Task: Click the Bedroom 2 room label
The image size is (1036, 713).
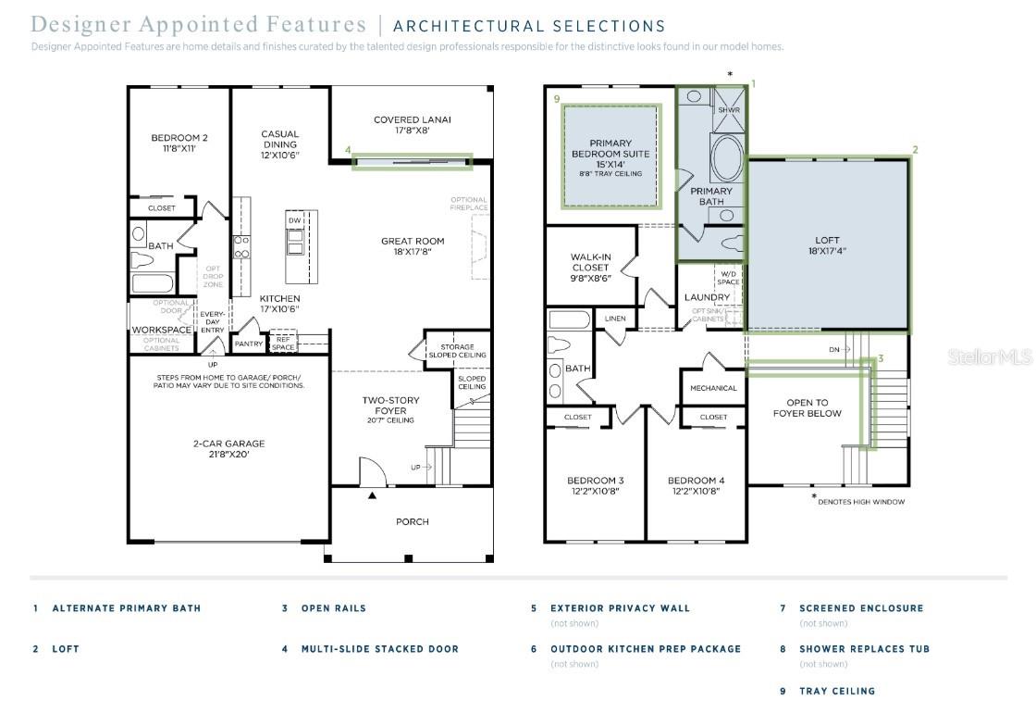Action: point(179,143)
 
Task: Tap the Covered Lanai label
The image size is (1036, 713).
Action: point(409,125)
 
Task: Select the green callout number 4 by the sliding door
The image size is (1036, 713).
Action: point(348,149)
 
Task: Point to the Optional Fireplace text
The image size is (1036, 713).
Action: point(469,204)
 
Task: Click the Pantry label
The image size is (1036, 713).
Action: point(249,344)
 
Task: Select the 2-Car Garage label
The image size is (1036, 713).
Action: point(228,449)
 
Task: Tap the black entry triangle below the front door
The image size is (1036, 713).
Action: point(373,496)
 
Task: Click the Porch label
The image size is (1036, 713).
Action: point(413,521)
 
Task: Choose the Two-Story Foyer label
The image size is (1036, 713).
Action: point(390,406)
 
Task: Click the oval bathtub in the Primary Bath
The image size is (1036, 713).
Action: point(726,158)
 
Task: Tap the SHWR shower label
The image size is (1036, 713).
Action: point(729,110)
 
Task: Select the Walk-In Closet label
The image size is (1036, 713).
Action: point(589,268)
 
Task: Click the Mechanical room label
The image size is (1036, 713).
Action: point(713,388)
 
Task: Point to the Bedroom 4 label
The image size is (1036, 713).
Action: point(697,485)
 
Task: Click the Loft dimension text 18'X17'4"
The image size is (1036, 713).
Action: point(828,250)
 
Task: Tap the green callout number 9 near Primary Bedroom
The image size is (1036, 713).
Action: point(557,98)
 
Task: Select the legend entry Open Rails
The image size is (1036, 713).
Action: point(333,608)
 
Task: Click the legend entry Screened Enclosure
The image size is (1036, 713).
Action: point(861,608)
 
